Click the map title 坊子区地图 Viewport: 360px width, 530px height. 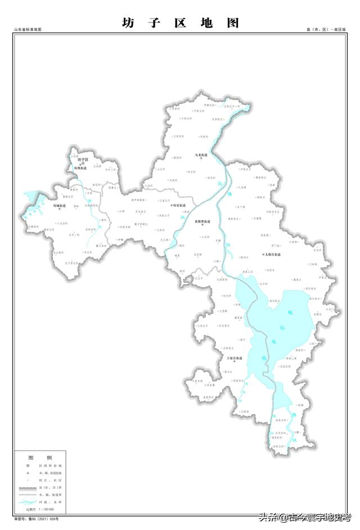click(x=180, y=23)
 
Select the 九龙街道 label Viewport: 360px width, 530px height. click(x=201, y=155)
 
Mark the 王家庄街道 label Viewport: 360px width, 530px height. click(x=235, y=357)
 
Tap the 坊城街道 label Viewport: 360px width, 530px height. click(x=59, y=206)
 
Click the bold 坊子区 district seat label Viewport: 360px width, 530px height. click(x=83, y=160)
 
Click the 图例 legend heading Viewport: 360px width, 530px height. click(x=40, y=457)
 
